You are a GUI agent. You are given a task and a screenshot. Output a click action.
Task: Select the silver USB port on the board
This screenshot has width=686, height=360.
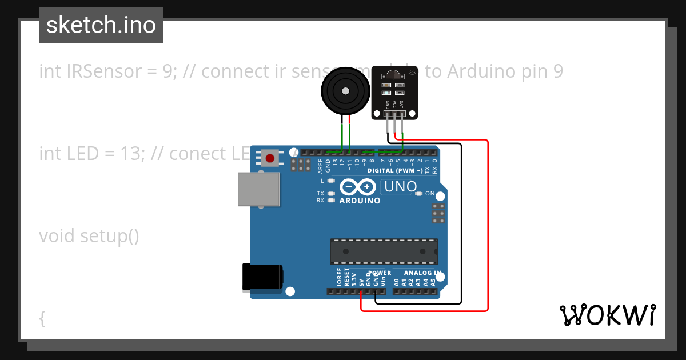259,189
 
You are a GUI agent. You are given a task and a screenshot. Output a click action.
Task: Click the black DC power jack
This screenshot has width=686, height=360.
262,277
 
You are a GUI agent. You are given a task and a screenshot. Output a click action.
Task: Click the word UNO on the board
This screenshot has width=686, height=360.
400,186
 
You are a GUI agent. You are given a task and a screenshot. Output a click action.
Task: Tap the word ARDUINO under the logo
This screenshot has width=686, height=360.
360,201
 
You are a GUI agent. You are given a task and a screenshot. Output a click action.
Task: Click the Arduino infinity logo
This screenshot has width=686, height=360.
358,187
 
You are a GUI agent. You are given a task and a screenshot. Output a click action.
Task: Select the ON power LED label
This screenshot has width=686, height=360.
430,194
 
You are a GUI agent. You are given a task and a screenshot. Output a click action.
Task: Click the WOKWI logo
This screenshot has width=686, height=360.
608,315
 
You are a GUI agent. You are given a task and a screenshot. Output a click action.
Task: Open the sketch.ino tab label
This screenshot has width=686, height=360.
101,25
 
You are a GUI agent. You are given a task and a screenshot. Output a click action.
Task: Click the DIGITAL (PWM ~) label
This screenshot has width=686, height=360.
395,170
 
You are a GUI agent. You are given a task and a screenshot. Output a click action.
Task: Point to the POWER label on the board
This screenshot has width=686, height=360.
380,273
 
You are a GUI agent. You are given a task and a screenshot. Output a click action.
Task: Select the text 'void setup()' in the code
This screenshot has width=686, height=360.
89,235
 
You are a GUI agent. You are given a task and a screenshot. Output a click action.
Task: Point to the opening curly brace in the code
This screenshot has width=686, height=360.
42,318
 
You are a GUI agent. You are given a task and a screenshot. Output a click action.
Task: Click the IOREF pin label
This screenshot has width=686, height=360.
340,278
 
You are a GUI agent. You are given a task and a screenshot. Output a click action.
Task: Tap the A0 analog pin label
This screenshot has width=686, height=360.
397,281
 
